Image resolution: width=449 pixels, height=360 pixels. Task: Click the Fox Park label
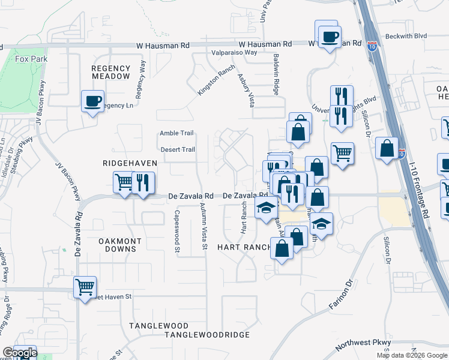[30, 59]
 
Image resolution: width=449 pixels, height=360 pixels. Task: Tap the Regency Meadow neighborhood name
[110, 72]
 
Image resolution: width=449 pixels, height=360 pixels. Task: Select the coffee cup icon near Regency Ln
[93, 101]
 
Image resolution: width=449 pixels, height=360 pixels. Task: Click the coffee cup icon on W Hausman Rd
[329, 37]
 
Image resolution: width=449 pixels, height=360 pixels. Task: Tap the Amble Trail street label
[176, 133]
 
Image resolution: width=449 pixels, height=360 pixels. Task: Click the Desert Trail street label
[177, 149]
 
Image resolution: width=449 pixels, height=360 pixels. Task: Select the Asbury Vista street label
[243, 90]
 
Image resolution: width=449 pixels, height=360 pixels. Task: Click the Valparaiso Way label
[234, 53]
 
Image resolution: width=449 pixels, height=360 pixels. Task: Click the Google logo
[20, 353]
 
